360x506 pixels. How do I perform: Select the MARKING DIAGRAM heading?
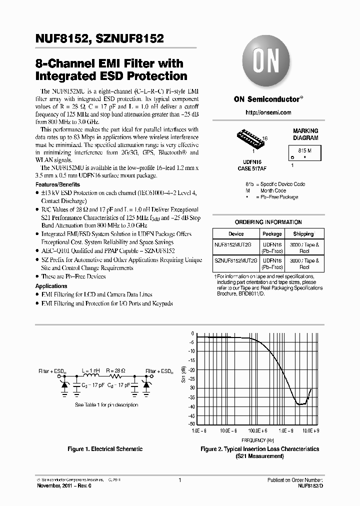pyautogui.click(x=305, y=134)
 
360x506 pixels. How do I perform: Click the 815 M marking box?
pyautogui.click(x=305, y=152)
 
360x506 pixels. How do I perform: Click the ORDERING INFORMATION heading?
pyautogui.click(x=268, y=222)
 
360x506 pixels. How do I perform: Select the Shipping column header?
pyautogui.click(x=303, y=233)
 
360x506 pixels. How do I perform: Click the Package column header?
pyautogui.click(x=272, y=233)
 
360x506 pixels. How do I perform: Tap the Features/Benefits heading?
pyautogui.click(x=57, y=184)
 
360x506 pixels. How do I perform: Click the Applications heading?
pyautogui.click(x=51, y=286)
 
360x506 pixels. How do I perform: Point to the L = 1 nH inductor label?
pyautogui.click(x=91, y=370)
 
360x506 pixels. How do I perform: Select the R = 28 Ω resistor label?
pyautogui.click(x=116, y=370)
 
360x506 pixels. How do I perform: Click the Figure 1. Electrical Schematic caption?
pyautogui.click(x=105, y=449)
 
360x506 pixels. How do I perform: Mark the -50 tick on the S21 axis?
pyautogui.click(x=191, y=424)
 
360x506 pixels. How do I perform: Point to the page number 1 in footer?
pyautogui.click(x=179, y=480)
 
